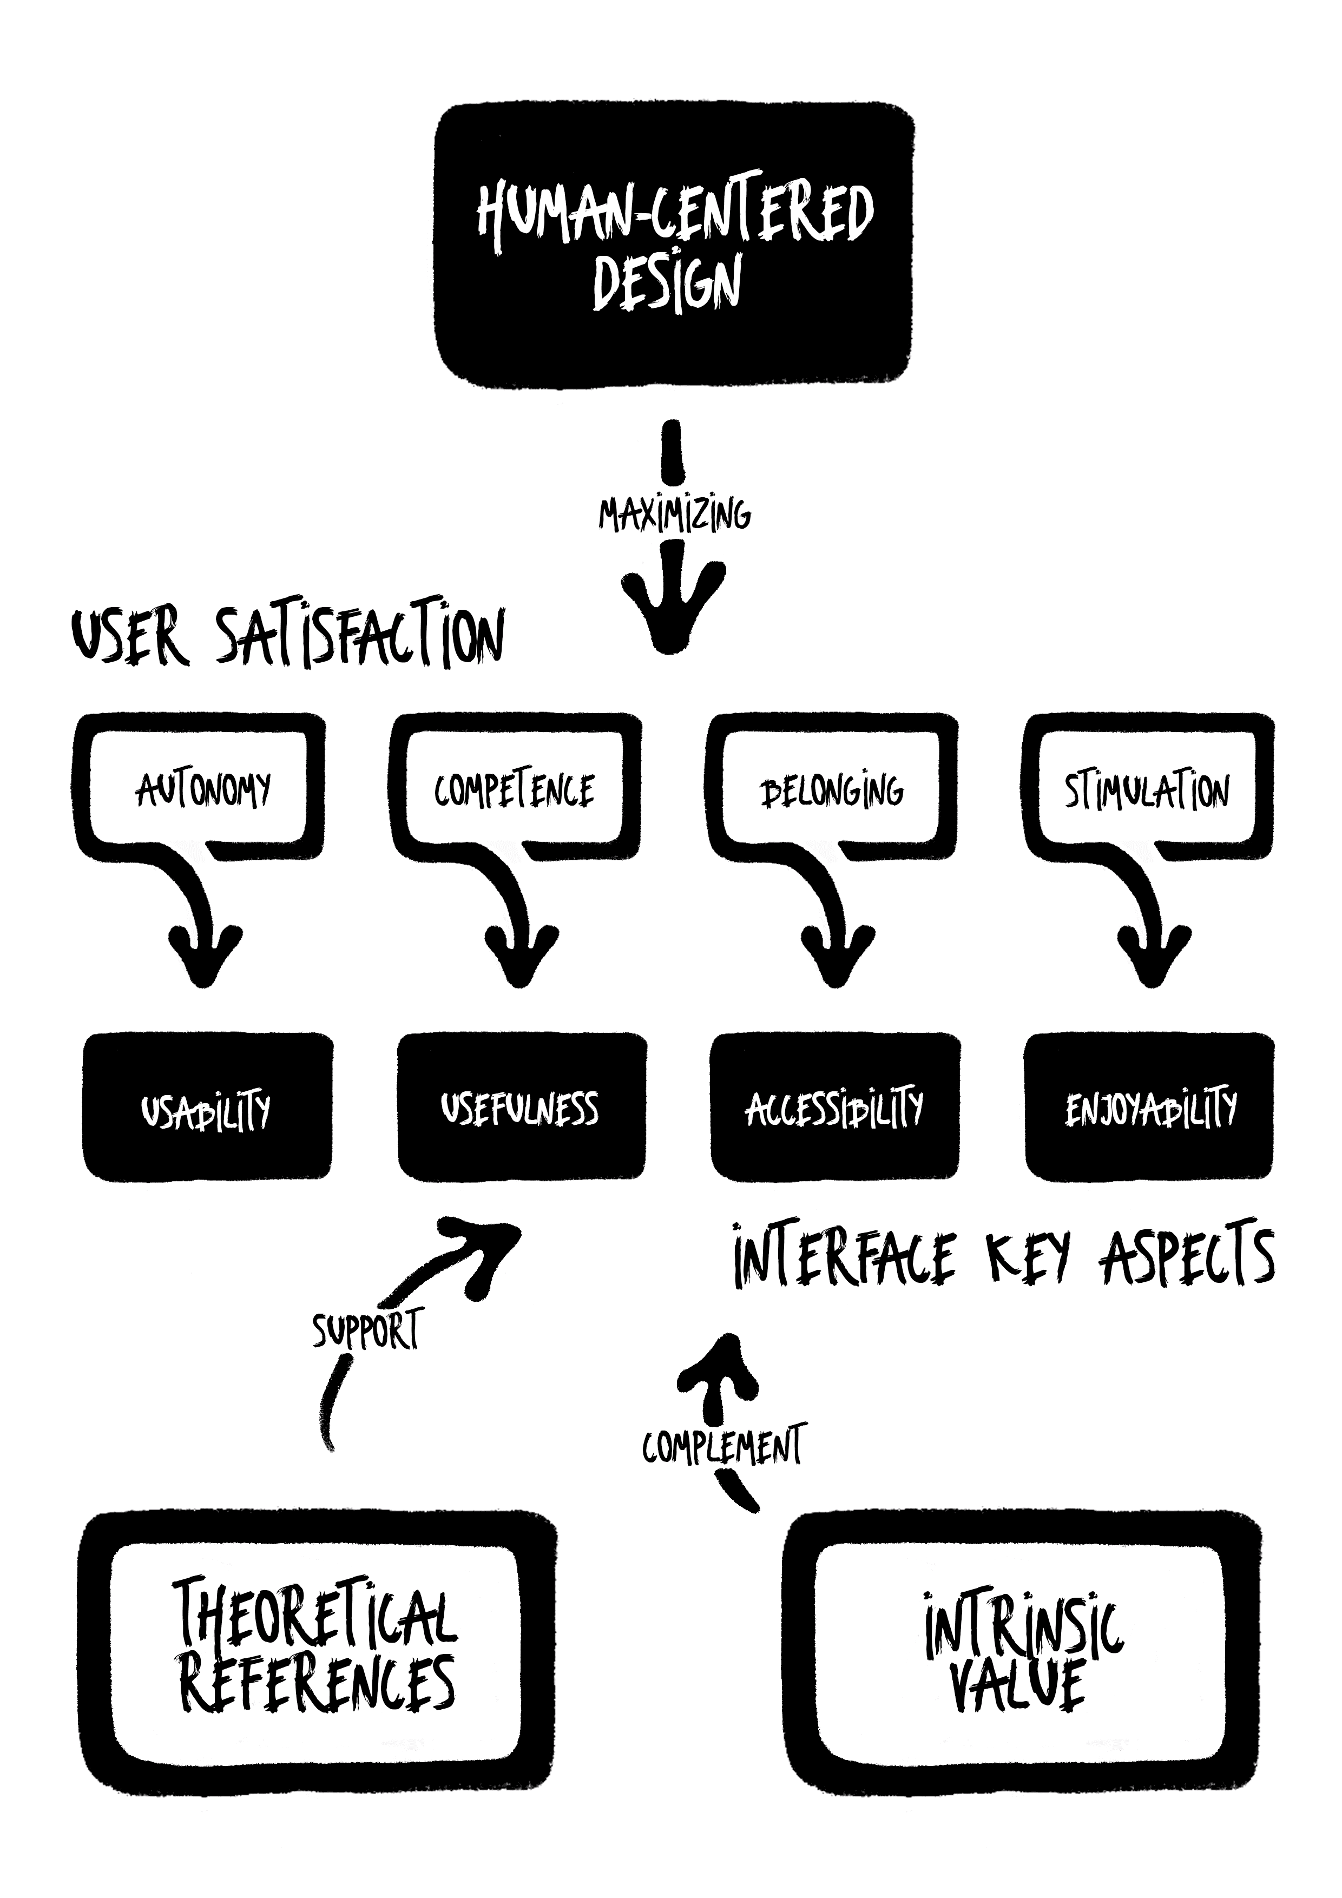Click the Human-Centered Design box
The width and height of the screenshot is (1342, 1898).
(x=674, y=246)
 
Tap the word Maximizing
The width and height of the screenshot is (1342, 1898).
(x=674, y=514)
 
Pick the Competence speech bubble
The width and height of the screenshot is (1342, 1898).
(x=514, y=789)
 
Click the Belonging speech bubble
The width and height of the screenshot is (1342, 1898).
(x=831, y=789)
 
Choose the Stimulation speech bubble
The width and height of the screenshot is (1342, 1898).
(x=1147, y=789)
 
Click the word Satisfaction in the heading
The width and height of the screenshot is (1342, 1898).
(x=360, y=638)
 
